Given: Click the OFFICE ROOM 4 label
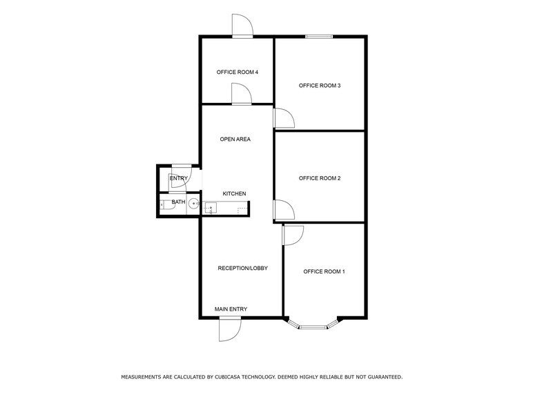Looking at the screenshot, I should tap(237, 72).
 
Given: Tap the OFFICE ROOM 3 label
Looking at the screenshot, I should tap(320, 86).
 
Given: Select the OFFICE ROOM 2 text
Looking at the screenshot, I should tap(320, 178).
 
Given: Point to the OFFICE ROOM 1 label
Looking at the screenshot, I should tap(324, 271).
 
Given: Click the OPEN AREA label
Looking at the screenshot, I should tap(235, 139).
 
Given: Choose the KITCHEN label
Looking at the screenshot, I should tap(234, 193).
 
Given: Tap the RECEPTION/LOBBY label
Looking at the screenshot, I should tap(242, 268).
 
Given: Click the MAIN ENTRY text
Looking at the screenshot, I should tap(231, 309).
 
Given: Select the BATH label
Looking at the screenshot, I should tap(178, 202).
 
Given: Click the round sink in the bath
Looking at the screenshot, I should tap(194, 204).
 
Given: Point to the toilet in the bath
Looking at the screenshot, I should tap(164, 204).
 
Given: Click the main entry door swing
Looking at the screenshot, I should tap(229, 329).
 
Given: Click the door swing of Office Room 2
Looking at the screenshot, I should tap(284, 210).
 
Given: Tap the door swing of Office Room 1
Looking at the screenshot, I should tap(292, 235).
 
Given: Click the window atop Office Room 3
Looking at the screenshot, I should tap(319, 37).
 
